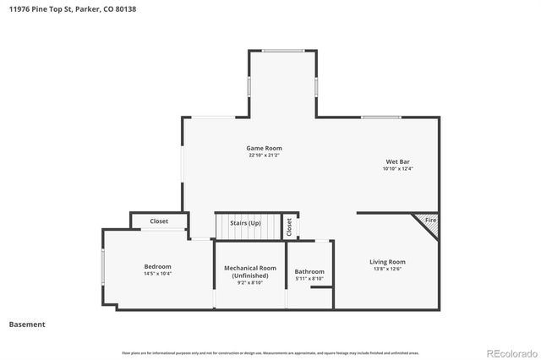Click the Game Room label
click(265, 148)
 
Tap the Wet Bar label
click(397, 161)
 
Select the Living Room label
click(387, 262)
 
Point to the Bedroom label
click(157, 266)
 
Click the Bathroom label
click(309, 271)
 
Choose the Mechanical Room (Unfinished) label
click(250, 271)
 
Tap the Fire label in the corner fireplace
click(430, 221)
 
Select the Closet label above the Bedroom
click(159, 221)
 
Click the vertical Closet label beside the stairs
click(289, 226)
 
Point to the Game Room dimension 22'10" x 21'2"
click(265, 155)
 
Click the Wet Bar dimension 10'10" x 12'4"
click(397, 169)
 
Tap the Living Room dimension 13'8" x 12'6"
click(387, 270)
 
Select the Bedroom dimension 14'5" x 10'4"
click(157, 274)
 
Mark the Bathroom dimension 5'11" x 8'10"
click(309, 279)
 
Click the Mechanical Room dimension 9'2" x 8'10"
click(250, 283)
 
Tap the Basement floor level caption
click(27, 325)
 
